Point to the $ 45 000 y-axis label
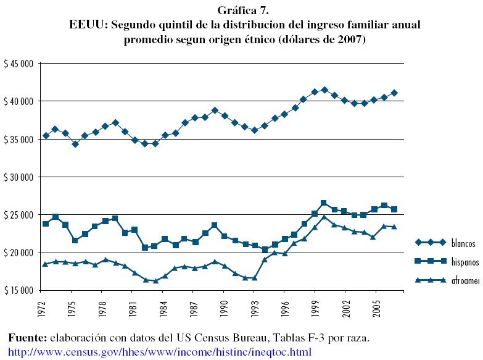[x=19, y=63]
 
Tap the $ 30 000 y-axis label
[x=19, y=177]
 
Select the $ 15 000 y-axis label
[x=19, y=290]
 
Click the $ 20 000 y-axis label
[x=19, y=253]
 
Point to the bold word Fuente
[x=27, y=338]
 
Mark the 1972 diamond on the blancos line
[x=45, y=135]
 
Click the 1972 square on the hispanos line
[x=45, y=224]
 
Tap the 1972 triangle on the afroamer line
[x=45, y=264]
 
